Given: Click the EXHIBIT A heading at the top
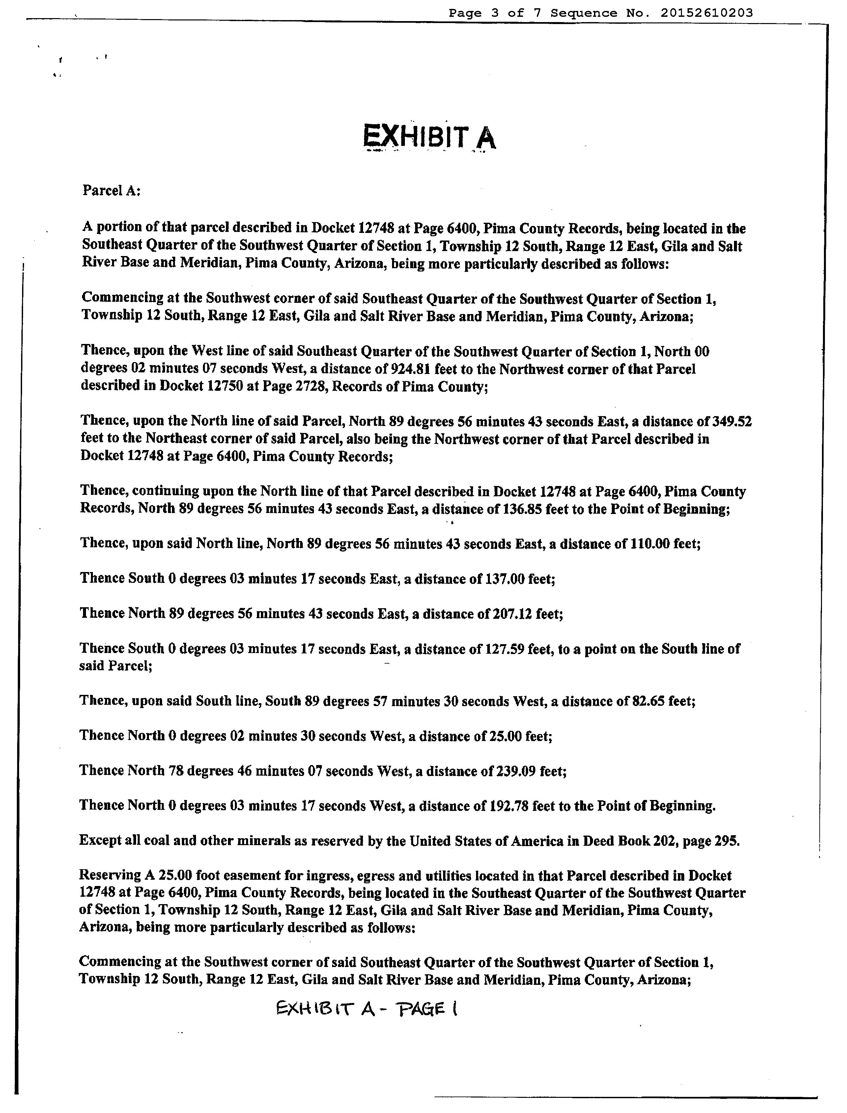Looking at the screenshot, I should tap(430, 137).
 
